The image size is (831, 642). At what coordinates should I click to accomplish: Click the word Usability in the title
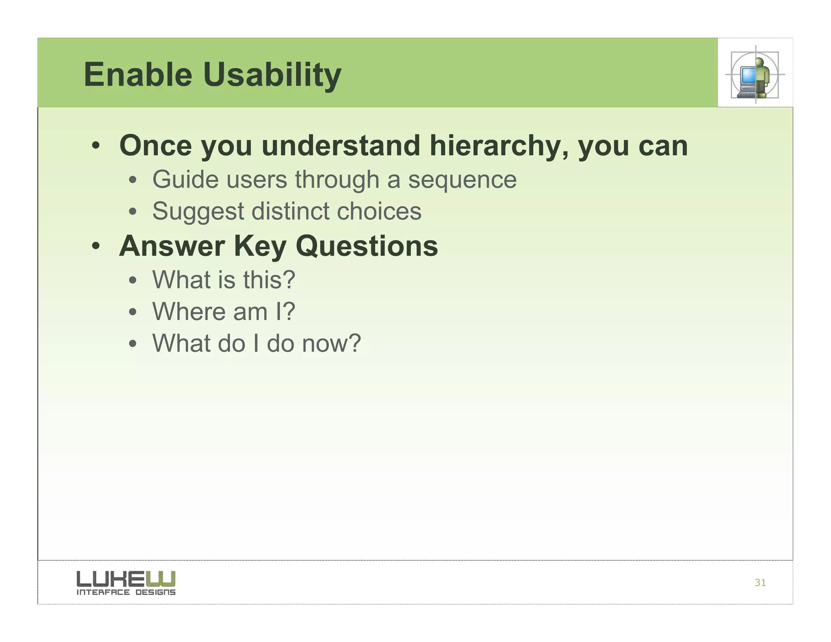tap(272, 75)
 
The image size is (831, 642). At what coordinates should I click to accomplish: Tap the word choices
tap(379, 211)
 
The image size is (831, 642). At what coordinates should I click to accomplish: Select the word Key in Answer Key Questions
tap(260, 247)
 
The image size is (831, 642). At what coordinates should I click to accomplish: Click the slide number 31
tap(760, 583)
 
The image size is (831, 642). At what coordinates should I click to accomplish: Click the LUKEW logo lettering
tap(126, 579)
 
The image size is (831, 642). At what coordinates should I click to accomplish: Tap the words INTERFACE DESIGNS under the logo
tap(126, 592)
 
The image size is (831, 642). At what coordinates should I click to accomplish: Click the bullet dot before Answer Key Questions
tap(96, 246)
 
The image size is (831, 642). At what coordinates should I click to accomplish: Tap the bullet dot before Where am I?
tap(133, 312)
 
